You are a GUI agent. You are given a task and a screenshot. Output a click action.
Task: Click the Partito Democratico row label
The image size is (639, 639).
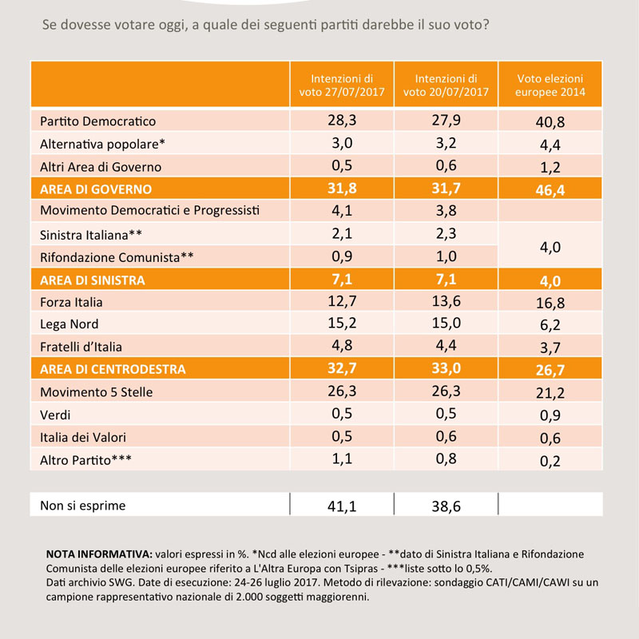[x=97, y=121]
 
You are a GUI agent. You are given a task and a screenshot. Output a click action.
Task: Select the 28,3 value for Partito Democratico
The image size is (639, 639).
[x=342, y=121]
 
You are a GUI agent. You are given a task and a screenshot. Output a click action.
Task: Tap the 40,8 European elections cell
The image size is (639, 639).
[x=550, y=122]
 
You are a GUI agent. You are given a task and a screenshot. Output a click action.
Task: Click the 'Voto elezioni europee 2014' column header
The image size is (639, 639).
[x=550, y=85]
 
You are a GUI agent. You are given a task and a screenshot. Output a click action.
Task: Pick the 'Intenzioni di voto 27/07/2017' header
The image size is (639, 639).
[x=342, y=85]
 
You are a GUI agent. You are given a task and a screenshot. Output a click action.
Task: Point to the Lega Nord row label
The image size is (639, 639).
[x=69, y=324]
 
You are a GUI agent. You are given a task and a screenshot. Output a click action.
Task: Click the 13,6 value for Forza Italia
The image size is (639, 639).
[x=447, y=301]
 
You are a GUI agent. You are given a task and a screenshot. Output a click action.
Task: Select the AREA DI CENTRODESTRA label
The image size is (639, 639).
[x=113, y=369]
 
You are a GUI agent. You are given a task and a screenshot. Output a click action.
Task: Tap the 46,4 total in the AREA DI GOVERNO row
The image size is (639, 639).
[x=550, y=190]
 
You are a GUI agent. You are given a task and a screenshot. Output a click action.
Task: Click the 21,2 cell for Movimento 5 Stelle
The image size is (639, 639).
[x=550, y=392]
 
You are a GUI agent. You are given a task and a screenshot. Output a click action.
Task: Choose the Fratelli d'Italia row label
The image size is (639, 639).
[x=81, y=347]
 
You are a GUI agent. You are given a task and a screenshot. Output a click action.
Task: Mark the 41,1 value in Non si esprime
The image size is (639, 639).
[x=342, y=506]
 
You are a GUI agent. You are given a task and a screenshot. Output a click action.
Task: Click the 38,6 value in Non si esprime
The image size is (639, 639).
[x=447, y=506]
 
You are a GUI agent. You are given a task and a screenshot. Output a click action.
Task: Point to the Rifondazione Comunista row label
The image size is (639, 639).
[x=117, y=257]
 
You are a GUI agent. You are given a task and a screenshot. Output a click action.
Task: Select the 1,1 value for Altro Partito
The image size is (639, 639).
[x=342, y=458]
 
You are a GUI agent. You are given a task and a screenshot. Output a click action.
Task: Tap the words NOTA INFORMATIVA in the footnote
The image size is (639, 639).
[x=99, y=554]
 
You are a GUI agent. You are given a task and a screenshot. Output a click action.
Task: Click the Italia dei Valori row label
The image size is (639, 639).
[x=83, y=437]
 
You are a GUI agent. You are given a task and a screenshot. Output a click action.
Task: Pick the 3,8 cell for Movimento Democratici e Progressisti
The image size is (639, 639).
[x=447, y=211]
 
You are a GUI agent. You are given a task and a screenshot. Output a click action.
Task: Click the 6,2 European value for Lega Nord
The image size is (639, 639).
[x=550, y=325]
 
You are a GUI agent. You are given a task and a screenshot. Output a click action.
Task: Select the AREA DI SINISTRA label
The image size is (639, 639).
[x=93, y=280]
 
